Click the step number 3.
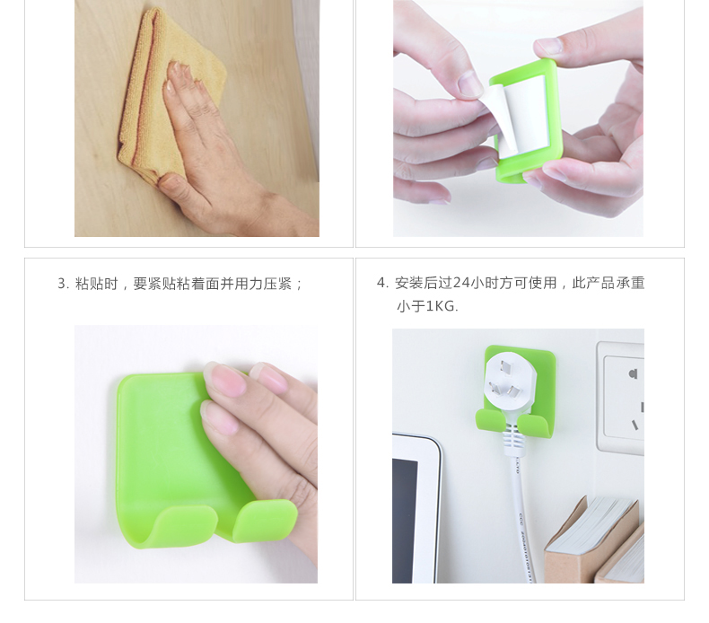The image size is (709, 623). coord(62,284)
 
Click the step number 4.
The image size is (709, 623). coord(381,283)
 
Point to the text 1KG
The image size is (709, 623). coord(442,306)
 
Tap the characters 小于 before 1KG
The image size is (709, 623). coord(410,306)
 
